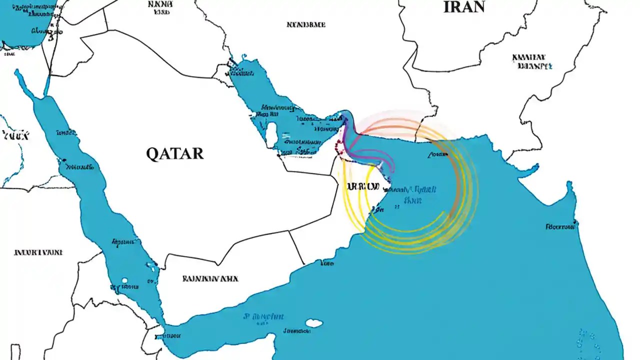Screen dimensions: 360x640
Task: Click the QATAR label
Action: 175,153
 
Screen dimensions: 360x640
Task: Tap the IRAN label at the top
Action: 464,6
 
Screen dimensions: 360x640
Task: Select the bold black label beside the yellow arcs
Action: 362,187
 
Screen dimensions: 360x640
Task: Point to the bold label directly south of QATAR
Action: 210,278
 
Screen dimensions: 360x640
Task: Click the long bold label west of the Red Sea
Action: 38,252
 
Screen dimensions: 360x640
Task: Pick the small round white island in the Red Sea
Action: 124,281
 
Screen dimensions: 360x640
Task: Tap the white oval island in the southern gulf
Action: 314,323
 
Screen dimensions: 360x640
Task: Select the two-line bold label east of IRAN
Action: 532,61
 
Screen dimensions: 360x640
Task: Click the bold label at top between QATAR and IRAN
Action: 306,24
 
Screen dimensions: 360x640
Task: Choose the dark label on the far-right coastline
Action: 560,226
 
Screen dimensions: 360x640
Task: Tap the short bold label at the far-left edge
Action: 15,135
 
